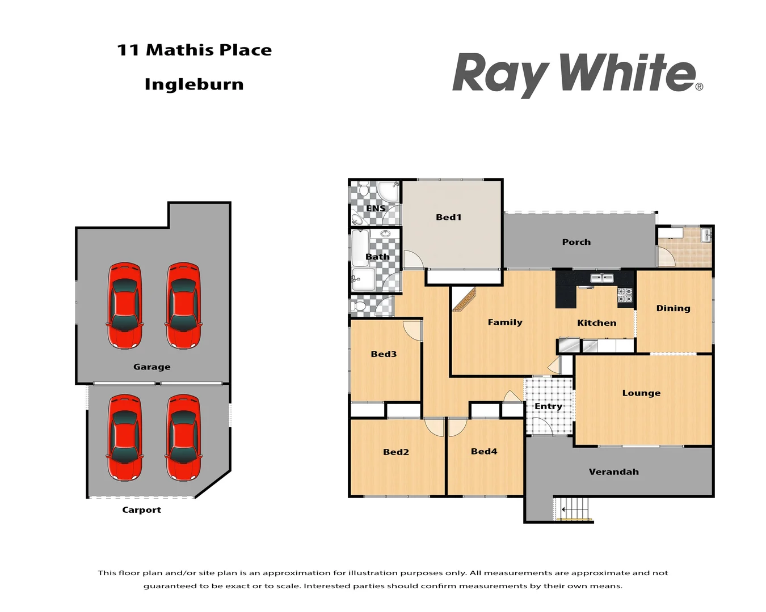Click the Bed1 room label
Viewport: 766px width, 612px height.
point(448,217)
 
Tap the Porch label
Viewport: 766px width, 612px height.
point(576,242)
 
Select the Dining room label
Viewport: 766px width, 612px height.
point(673,308)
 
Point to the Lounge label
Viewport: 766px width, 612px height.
point(641,393)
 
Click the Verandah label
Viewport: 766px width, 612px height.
point(613,471)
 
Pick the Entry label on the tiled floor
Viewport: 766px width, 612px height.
point(548,406)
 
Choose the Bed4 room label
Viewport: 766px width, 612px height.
point(483,451)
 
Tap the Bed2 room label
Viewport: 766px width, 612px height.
point(395,452)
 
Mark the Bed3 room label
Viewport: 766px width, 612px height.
point(384,354)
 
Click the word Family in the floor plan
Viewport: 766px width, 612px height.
point(505,322)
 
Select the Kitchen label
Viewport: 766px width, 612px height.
point(596,322)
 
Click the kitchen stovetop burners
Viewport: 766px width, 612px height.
point(625,295)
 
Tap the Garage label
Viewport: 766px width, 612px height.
point(151,367)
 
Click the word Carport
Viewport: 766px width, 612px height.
point(141,509)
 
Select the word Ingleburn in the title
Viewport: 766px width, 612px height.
point(194,84)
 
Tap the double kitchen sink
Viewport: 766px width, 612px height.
point(601,278)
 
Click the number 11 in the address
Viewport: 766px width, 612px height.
point(128,50)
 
